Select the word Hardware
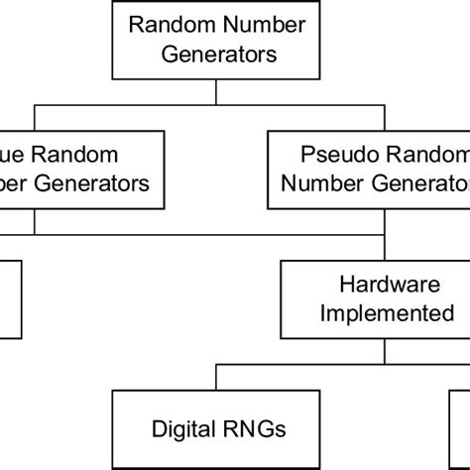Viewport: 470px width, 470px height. point(383,286)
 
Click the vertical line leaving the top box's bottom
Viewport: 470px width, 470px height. point(215,90)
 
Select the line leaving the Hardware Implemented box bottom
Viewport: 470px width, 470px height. point(383,350)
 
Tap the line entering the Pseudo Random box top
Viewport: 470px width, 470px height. point(383,118)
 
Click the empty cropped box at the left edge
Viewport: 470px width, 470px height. point(8,297)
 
